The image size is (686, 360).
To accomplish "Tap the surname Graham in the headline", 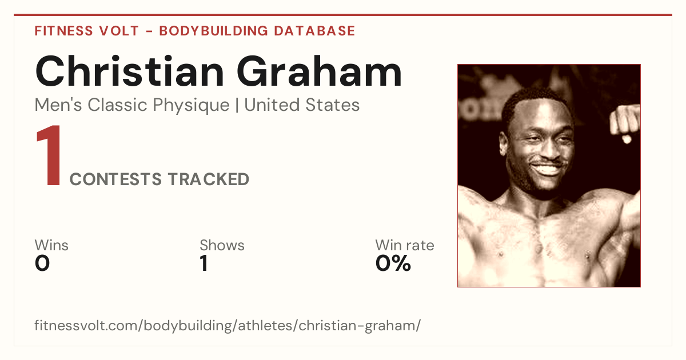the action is (319, 71).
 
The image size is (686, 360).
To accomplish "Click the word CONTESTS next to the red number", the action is (115, 179).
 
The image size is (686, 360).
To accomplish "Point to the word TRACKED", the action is (209, 179).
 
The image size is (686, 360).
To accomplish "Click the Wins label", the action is (51, 245).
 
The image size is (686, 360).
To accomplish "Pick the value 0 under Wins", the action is (42, 263).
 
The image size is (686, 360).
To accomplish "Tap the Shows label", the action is (222, 245).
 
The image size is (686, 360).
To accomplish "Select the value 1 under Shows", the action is (204, 263).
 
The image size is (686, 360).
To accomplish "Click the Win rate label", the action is (405, 245).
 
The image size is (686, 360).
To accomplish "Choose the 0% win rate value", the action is (393, 263).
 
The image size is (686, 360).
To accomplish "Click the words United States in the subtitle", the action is (302, 105).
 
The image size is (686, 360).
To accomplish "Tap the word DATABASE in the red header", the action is (314, 31).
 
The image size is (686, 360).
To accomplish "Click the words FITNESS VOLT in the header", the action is (87, 31).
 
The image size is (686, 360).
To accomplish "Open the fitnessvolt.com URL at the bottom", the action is (228, 326).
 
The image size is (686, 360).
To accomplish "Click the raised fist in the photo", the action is (625, 122).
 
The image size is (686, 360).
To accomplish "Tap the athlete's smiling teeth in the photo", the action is (547, 169).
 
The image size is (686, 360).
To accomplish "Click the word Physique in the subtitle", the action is (191, 106).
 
